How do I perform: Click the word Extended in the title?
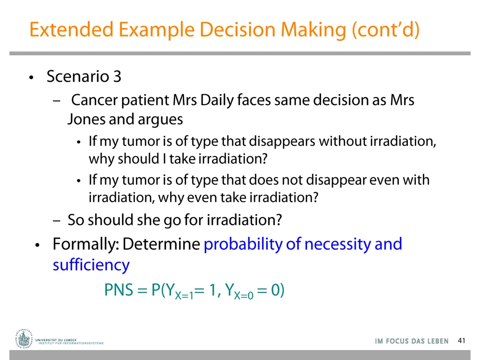point(71,30)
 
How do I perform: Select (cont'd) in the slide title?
point(386,30)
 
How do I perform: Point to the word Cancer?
point(94,100)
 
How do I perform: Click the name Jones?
point(86,120)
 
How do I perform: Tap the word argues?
point(160,120)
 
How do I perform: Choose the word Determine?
point(162,244)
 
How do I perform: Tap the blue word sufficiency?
point(91,265)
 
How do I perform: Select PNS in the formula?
point(119,290)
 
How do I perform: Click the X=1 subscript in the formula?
point(184,295)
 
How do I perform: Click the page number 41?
point(462,341)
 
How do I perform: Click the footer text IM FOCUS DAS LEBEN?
point(412,341)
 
